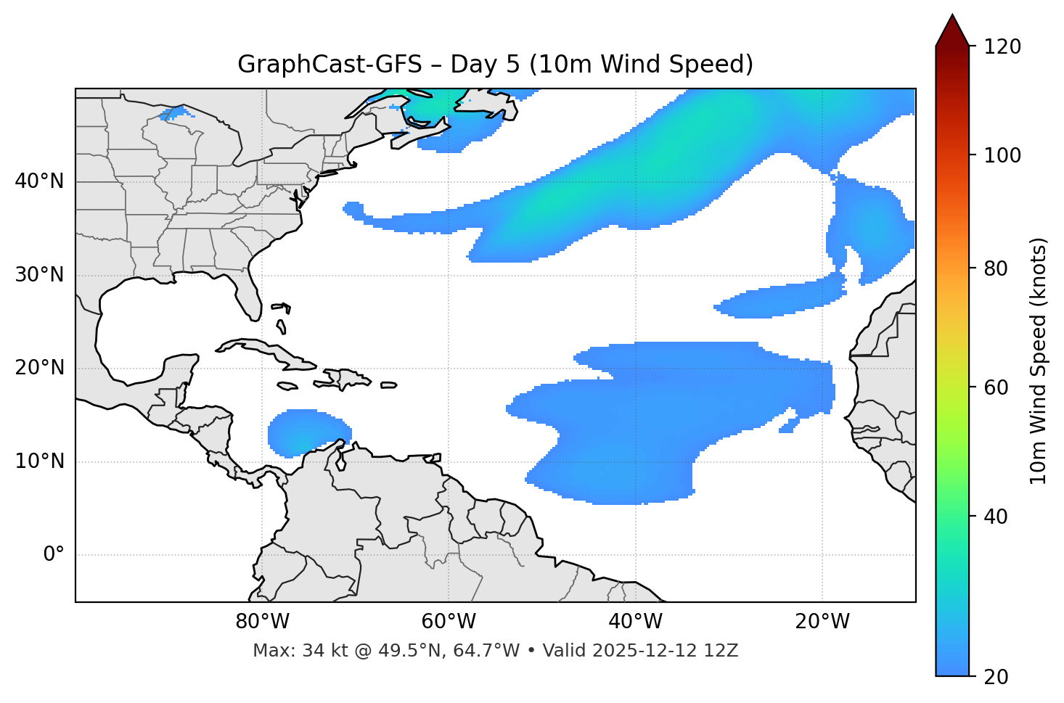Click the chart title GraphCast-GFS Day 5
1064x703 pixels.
(495, 65)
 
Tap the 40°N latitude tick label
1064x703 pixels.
(39, 181)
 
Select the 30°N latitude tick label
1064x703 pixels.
(39, 275)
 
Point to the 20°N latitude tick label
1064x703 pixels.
(39, 368)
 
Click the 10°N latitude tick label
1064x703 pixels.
(39, 461)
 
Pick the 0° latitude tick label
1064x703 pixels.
(54, 555)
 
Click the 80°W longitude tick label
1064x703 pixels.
(262, 622)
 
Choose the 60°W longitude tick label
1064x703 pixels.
(449, 622)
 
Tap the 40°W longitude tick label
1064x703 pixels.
(636, 622)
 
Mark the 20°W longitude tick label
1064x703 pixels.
(822, 622)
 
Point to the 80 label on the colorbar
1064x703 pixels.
(1000, 268)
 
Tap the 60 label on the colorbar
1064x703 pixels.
(1000, 387)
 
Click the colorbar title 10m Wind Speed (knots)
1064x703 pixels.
(1039, 361)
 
